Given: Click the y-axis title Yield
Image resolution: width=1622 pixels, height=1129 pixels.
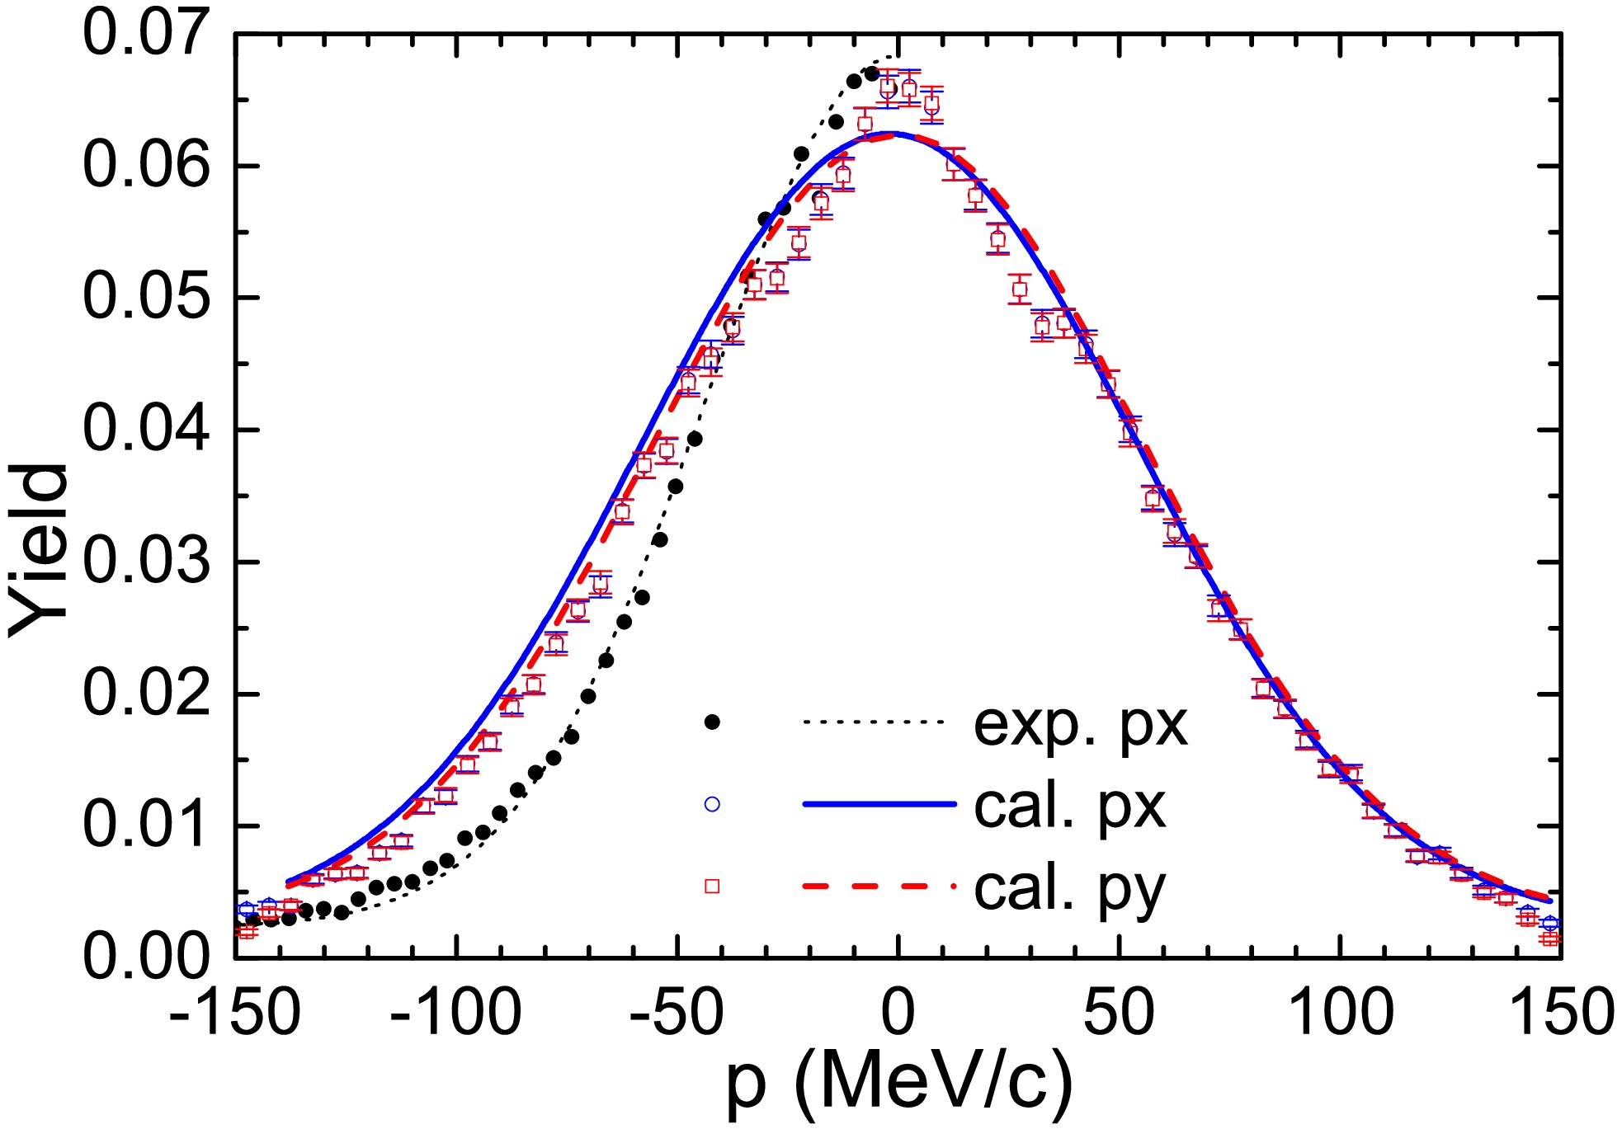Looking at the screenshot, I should (40, 550).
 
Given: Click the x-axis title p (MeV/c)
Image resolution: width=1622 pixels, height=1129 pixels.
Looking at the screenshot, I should (899, 1084).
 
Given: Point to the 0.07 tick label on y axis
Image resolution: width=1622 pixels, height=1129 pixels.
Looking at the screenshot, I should (146, 35).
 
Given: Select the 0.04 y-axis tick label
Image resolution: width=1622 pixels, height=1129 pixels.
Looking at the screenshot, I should (146, 430).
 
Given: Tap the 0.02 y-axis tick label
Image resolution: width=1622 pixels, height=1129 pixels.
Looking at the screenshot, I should (146, 694).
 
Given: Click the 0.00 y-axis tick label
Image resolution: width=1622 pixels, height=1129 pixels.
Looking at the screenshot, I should (146, 957).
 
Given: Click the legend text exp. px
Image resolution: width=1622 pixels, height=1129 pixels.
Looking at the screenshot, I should (1081, 726).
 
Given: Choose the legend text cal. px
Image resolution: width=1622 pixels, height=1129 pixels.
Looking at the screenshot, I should (1070, 807).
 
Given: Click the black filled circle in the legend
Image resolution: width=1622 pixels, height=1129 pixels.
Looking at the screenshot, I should (712, 722).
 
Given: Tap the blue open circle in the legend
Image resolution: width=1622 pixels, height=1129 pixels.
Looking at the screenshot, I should (712, 804).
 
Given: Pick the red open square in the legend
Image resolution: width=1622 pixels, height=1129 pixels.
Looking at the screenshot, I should (712, 886).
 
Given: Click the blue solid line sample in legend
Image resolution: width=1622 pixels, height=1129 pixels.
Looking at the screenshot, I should (878, 803).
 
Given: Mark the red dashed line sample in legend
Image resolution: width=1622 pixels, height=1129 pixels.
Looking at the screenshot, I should (878, 886).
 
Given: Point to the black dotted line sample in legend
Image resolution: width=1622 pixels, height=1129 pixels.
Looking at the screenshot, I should (873, 722).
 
